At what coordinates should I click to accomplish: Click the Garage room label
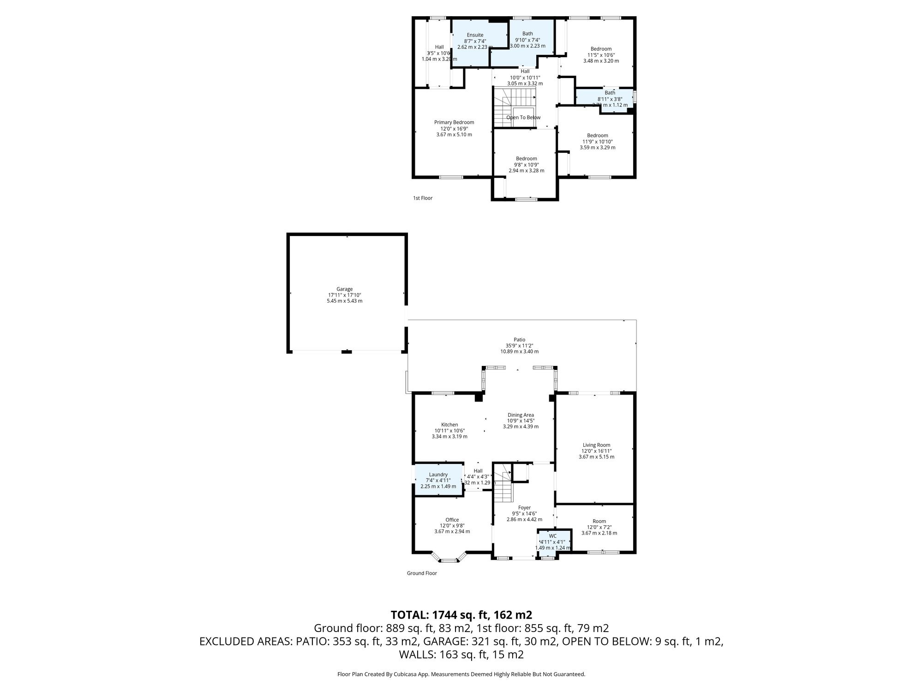[344, 289]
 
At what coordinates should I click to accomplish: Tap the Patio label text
[519, 340]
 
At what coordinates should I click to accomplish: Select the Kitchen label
[449, 425]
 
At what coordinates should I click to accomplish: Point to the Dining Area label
[521, 415]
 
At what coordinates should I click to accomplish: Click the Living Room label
[596, 445]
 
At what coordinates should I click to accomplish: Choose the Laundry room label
[438, 474]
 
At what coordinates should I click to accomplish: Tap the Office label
[452, 520]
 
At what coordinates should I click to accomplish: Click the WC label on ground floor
[552, 536]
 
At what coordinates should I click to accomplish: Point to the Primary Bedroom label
[454, 122]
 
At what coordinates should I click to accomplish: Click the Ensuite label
[475, 35]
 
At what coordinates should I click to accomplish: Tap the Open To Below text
[523, 117]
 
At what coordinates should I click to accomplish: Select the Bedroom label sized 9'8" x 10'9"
[526, 158]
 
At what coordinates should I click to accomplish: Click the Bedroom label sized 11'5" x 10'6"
[601, 49]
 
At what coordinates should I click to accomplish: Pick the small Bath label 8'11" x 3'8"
[610, 93]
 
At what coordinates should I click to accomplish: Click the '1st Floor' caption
[422, 198]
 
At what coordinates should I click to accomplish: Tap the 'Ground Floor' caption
[421, 573]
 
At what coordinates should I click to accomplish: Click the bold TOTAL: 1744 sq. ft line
[461, 615]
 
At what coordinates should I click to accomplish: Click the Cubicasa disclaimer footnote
[461, 675]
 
